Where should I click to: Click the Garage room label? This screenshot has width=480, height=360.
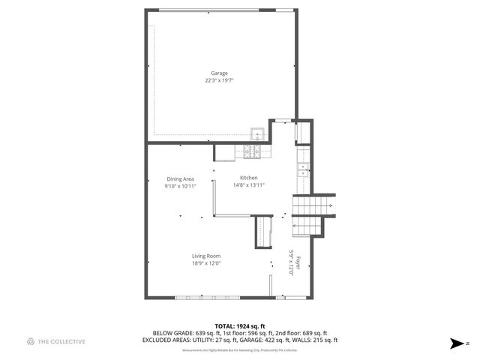tap(219, 73)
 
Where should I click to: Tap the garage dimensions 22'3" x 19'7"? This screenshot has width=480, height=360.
tap(219, 79)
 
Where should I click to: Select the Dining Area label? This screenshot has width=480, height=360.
tap(181, 178)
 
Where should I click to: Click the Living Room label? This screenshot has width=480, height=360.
tap(206, 256)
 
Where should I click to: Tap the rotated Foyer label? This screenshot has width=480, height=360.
tap(298, 264)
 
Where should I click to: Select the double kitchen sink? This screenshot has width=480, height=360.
tap(302, 169)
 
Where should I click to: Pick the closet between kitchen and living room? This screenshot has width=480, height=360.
tap(263, 229)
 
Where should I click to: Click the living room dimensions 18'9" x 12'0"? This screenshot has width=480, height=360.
tap(206, 263)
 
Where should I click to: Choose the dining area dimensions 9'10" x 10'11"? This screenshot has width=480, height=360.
tap(181, 186)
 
